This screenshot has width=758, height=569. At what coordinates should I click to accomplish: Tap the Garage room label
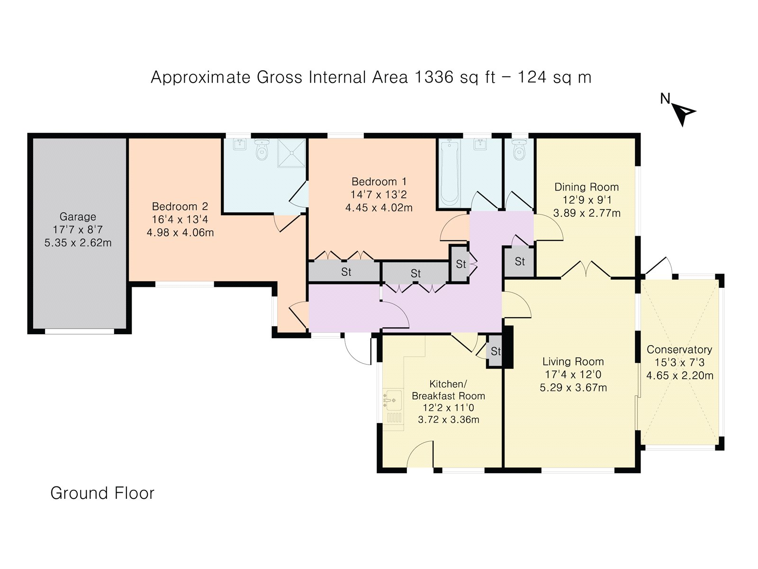[78, 217]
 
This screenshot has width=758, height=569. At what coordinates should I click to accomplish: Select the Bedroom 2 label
[180, 207]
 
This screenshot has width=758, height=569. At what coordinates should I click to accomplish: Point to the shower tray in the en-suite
[291, 152]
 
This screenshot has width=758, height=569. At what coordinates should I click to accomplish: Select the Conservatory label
[679, 349]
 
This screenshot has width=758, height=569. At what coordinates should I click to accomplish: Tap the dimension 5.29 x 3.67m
[573, 387]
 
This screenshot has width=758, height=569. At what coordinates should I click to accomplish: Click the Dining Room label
[587, 187]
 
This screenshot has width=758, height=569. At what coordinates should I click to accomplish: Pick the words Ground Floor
[102, 493]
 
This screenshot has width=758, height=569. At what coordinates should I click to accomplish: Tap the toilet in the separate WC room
[520, 150]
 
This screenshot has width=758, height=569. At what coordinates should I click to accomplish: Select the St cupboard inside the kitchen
[495, 351]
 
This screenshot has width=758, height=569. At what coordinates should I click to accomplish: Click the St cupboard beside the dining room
[520, 261]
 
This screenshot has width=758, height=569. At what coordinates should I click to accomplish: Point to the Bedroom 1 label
[379, 182]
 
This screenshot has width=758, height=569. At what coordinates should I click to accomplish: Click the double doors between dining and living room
[586, 270]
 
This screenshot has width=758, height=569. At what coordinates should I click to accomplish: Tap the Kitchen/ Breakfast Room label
[448, 389]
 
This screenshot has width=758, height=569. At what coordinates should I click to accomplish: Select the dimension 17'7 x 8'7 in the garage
[78, 229]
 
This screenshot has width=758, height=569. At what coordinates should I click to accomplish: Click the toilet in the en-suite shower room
[262, 149]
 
